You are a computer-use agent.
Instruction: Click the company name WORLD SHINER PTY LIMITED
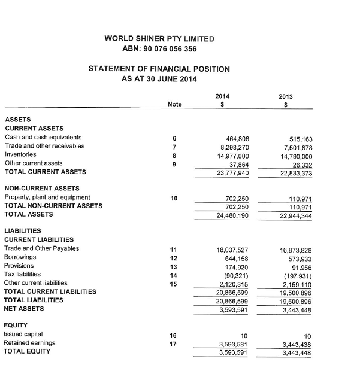point(159,39)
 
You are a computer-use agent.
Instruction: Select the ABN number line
point(159,49)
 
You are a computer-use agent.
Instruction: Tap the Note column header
point(174,104)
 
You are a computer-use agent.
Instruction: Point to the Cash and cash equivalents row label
point(43,138)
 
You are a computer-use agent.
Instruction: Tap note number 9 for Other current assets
point(174,163)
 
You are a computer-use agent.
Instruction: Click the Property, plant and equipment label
point(47,197)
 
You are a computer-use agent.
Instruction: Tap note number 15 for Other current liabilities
point(174,283)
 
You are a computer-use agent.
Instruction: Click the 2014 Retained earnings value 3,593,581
point(232,344)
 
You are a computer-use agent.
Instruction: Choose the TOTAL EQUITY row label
point(27,352)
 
